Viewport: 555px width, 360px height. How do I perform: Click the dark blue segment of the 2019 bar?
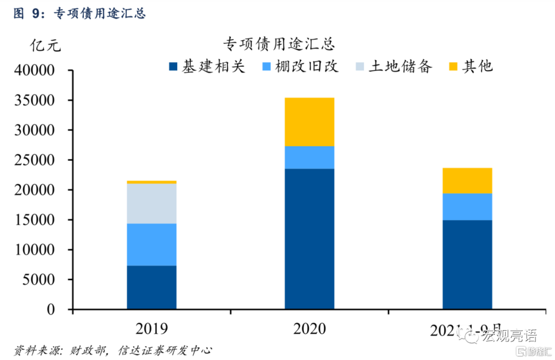pyautogui.click(x=152, y=287)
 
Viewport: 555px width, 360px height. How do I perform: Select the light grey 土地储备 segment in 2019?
pyautogui.click(x=152, y=203)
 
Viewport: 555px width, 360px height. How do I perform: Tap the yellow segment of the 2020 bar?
pyautogui.click(x=309, y=122)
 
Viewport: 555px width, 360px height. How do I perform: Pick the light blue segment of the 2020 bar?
pyautogui.click(x=309, y=157)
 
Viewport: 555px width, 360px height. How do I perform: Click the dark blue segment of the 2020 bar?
pyautogui.click(x=309, y=239)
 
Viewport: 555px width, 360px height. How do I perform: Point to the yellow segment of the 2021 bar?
pyautogui.click(x=467, y=181)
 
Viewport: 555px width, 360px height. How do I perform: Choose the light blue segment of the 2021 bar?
pyautogui.click(x=467, y=207)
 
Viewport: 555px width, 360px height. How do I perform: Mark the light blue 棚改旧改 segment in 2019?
pyautogui.click(x=152, y=244)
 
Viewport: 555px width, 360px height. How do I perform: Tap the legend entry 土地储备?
pyautogui.click(x=393, y=66)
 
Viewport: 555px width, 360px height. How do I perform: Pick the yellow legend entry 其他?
pyautogui.click(x=471, y=66)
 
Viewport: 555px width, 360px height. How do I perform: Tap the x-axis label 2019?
pyautogui.click(x=152, y=328)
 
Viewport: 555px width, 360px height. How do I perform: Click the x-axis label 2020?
pyautogui.click(x=309, y=328)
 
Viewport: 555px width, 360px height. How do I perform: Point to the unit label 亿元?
pyautogui.click(x=45, y=46)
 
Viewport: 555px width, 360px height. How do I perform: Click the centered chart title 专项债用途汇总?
pyautogui.click(x=279, y=44)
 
